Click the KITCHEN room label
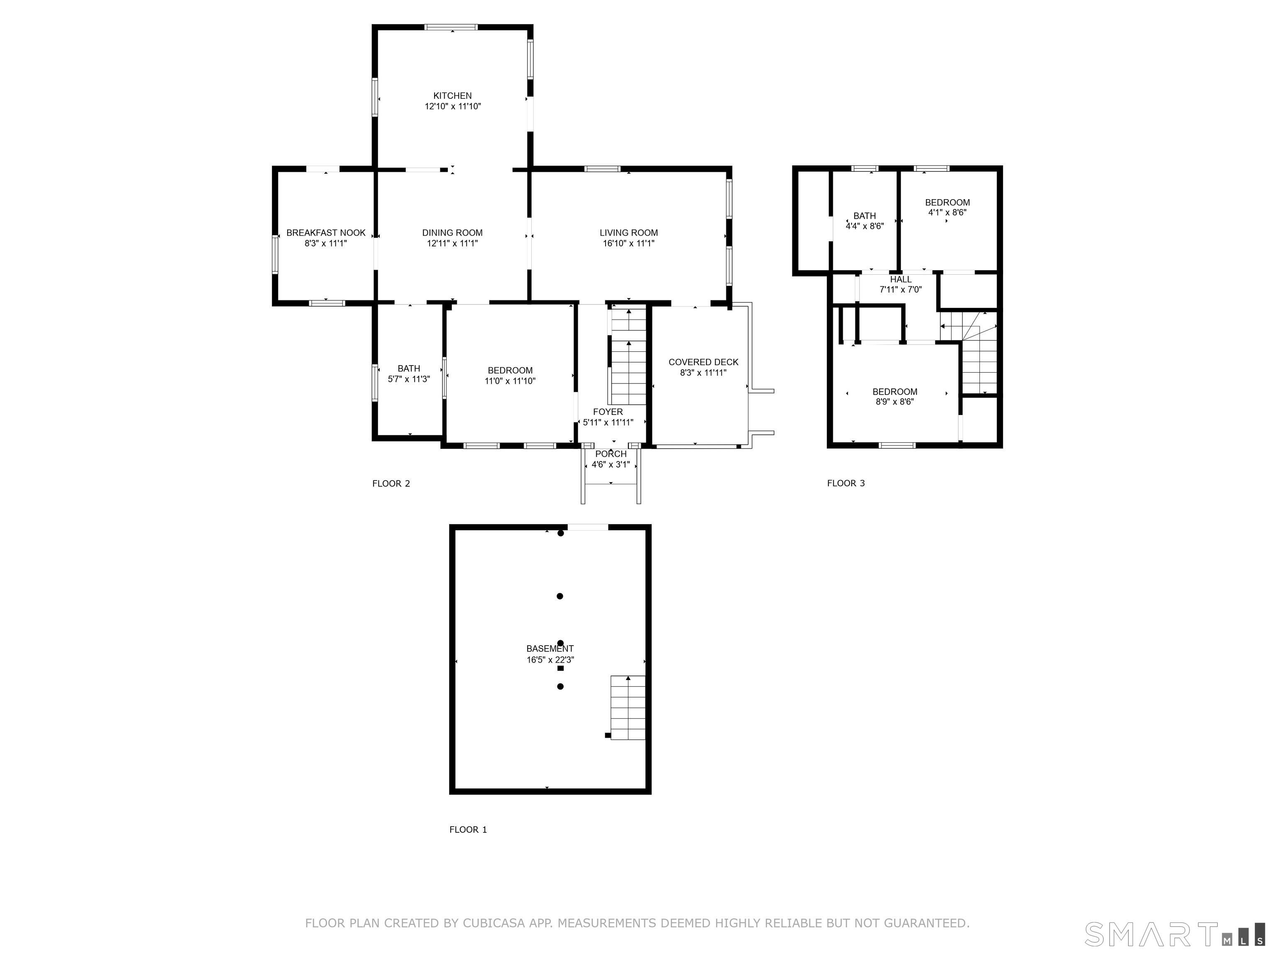click(452, 96)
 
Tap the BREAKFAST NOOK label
click(326, 233)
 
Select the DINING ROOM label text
click(452, 233)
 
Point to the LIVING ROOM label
click(628, 233)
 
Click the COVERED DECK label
click(703, 362)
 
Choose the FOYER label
click(608, 412)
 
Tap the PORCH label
click(611, 454)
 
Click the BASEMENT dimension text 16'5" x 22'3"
click(550, 660)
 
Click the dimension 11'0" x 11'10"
click(510, 381)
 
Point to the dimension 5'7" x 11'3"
click(409, 379)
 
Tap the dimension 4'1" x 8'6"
click(947, 212)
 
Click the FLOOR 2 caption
click(391, 483)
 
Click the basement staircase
click(628, 707)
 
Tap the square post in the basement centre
click(560, 668)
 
